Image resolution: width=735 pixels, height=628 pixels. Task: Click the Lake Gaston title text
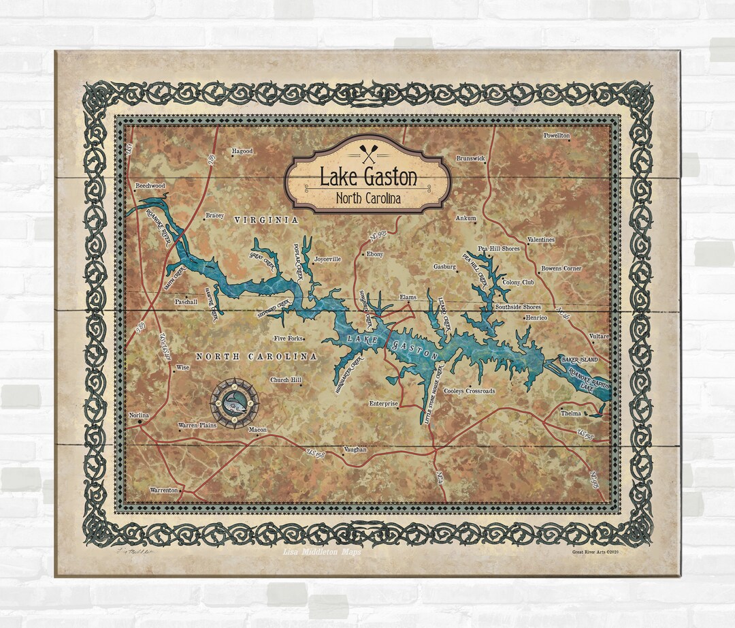[368, 178]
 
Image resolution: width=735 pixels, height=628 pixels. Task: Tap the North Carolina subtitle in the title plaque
[368, 198]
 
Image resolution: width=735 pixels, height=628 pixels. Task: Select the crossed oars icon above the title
[368, 148]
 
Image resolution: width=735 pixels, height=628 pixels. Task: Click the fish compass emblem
[234, 404]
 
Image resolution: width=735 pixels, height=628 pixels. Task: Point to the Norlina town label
[139, 415]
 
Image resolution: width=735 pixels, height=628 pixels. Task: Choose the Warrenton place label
[164, 490]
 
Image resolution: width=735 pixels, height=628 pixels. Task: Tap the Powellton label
[556, 136]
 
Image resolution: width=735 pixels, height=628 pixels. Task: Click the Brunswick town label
[470, 159]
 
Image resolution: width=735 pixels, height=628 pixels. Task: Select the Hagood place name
[242, 151]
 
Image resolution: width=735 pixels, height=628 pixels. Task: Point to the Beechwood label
[150, 185]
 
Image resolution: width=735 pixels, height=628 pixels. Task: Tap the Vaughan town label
[355, 450]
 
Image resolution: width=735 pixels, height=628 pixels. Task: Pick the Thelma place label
[570, 413]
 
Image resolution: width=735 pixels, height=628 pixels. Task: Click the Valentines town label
[541, 240]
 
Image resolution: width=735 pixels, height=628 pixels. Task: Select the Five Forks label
[288, 338]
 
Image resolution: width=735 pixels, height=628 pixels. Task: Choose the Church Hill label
[285, 380]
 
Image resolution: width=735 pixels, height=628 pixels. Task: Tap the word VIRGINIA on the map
[266, 220]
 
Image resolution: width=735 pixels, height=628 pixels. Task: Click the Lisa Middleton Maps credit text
[322, 552]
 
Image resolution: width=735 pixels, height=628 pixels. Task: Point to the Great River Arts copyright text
[593, 552]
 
